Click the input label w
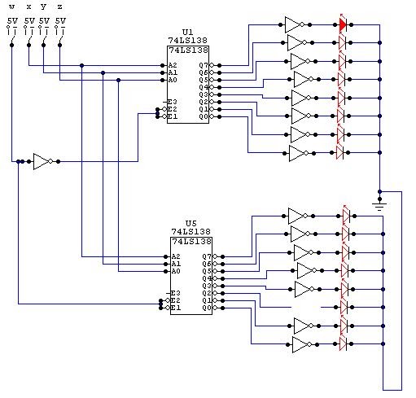click(x=11, y=7)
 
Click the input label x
click(x=28, y=7)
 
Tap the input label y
click(x=44, y=7)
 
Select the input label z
click(x=59, y=7)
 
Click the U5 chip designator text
click(x=191, y=222)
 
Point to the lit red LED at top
click(x=342, y=24)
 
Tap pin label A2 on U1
click(x=173, y=65)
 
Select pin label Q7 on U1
click(x=204, y=65)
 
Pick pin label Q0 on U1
click(x=204, y=116)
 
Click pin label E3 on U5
click(x=175, y=293)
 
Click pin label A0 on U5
click(x=176, y=272)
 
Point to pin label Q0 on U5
click(x=207, y=308)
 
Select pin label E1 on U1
click(x=173, y=116)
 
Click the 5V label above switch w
click(x=12, y=19)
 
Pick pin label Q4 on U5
click(x=207, y=279)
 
